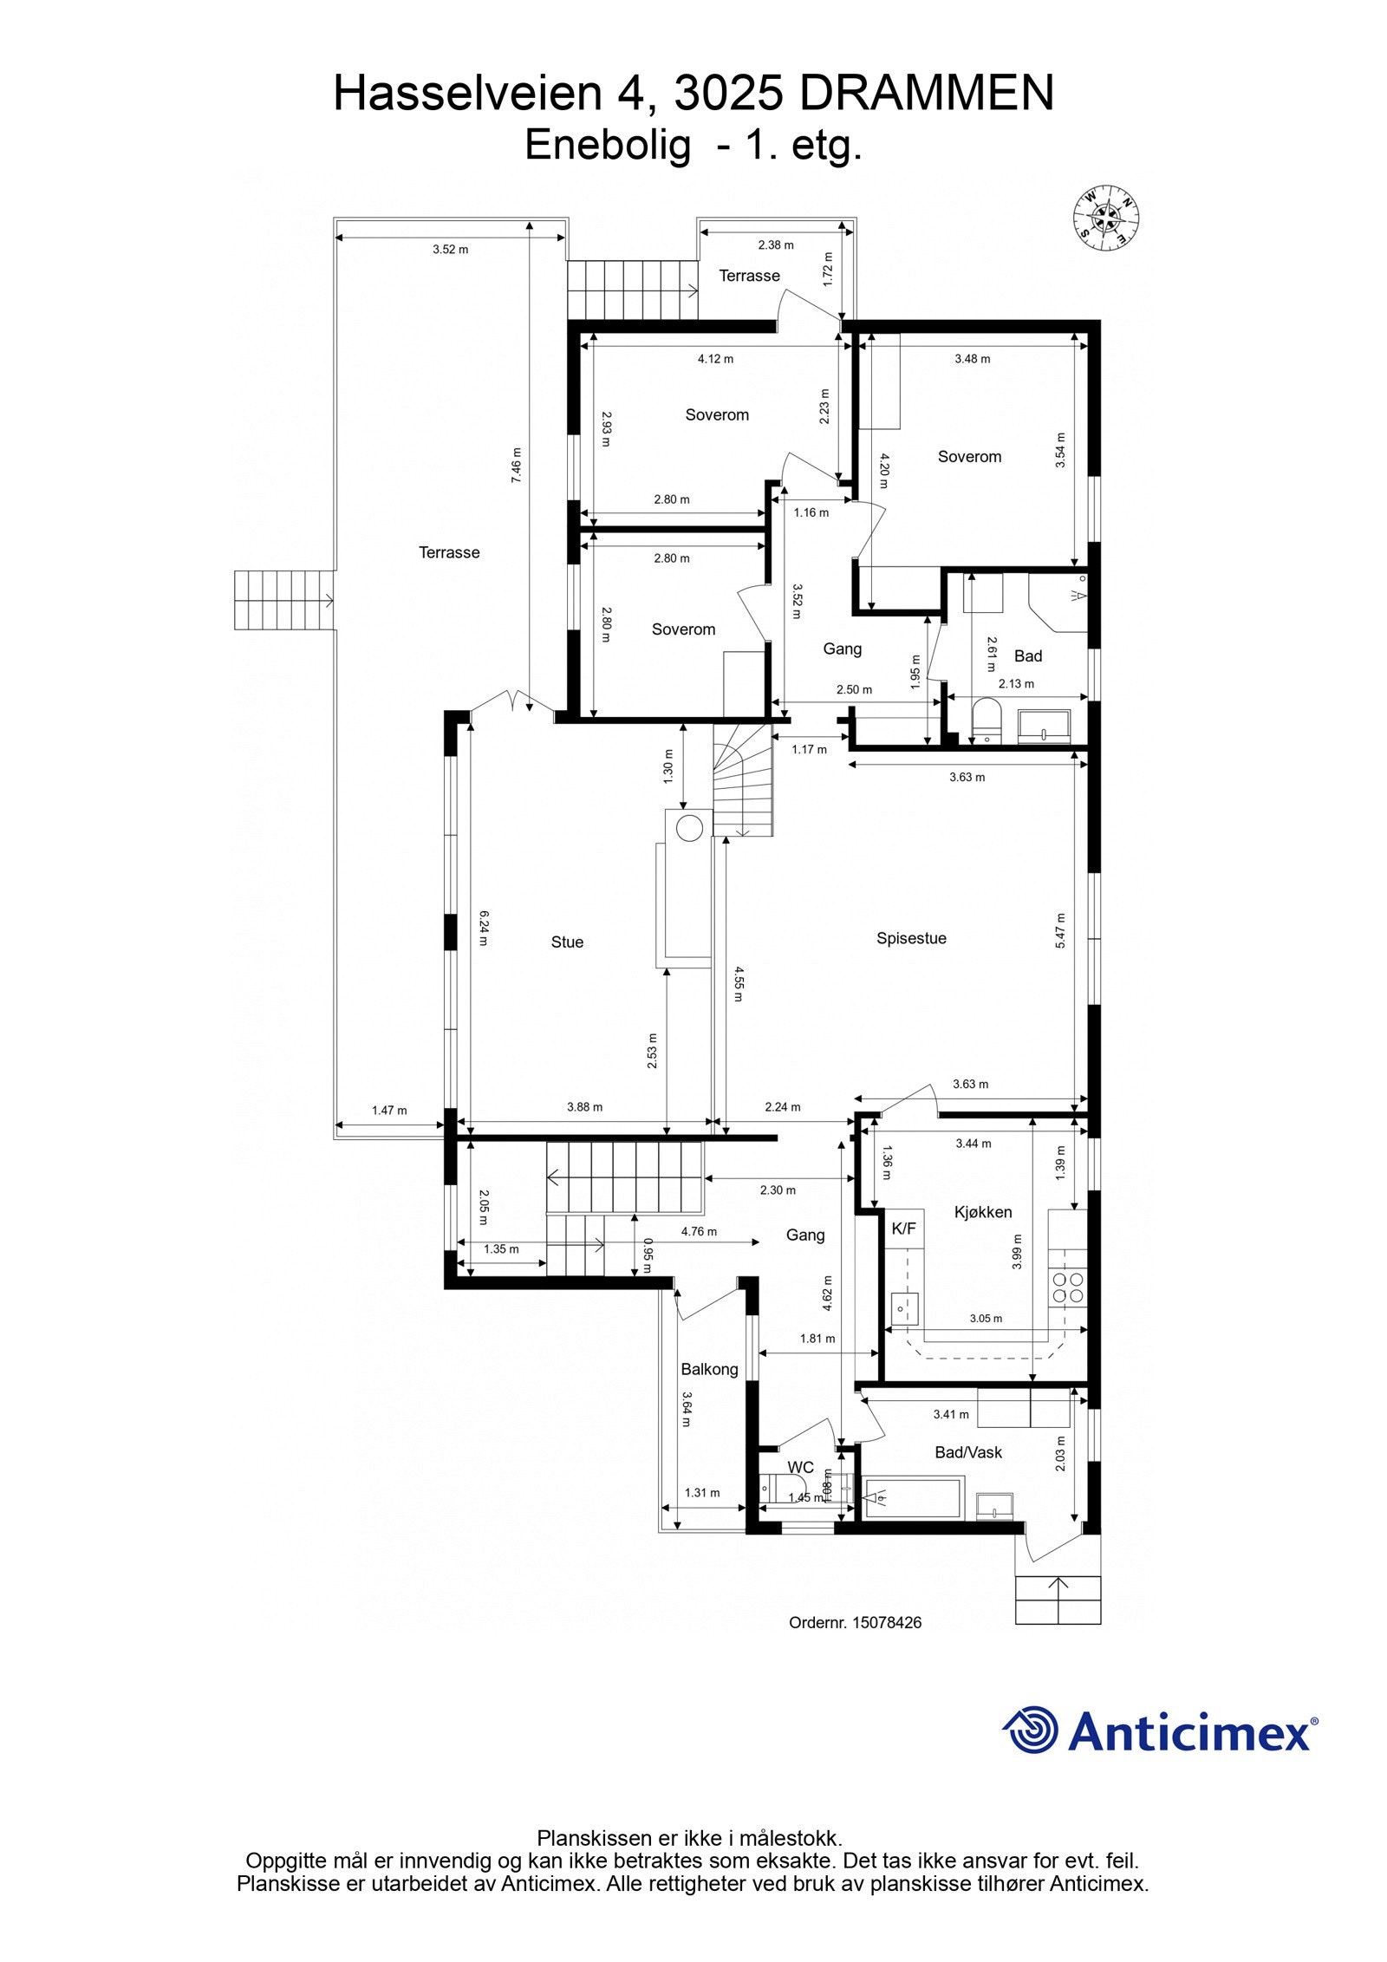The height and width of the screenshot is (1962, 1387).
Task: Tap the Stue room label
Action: pyautogui.click(x=567, y=942)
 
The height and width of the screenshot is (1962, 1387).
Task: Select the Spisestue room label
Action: pyautogui.click(x=911, y=938)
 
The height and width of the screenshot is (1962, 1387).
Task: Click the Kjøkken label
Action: pyautogui.click(x=983, y=1212)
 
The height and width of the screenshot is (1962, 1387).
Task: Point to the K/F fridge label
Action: pyautogui.click(x=903, y=1228)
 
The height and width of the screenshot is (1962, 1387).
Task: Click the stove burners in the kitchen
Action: pyautogui.click(x=1067, y=1287)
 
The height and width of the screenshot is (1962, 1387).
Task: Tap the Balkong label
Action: pyautogui.click(x=709, y=1369)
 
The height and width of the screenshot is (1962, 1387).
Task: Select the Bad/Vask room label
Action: pyautogui.click(x=968, y=1452)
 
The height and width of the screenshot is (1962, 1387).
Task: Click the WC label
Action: pyautogui.click(x=800, y=1467)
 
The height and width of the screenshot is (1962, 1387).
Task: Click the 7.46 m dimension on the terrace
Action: pyautogui.click(x=517, y=465)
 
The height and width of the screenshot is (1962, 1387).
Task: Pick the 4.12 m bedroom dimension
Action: pyautogui.click(x=715, y=358)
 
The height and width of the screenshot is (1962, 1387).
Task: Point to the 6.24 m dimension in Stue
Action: pyautogui.click(x=485, y=927)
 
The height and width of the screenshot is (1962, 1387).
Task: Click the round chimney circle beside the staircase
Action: pyautogui.click(x=689, y=828)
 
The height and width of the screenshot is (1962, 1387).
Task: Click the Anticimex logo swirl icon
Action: pyautogui.click(x=1032, y=1730)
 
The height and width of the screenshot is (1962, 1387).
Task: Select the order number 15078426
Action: pyautogui.click(x=887, y=1622)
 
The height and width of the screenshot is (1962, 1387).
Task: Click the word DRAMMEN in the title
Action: pyautogui.click(x=926, y=94)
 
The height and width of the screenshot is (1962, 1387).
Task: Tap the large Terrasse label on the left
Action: pyautogui.click(x=449, y=552)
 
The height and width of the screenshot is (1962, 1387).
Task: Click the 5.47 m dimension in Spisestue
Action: pyautogui.click(x=1060, y=930)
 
